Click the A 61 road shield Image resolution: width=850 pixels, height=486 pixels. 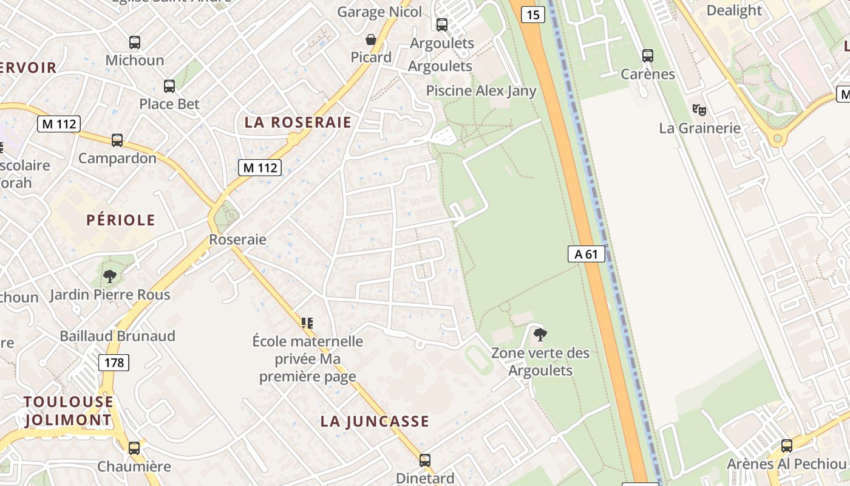pyautogui.click(x=586, y=254)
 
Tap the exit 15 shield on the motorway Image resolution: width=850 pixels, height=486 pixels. pyautogui.click(x=532, y=14)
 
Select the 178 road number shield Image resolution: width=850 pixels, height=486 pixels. pyautogui.click(x=114, y=363)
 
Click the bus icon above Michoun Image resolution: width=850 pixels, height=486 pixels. pyautogui.click(x=135, y=43)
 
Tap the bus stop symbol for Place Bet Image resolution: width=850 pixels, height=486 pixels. pyautogui.click(x=169, y=86)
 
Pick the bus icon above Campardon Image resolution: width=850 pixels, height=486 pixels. pyautogui.click(x=117, y=140)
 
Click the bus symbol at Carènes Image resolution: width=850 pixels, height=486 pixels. pyautogui.click(x=648, y=56)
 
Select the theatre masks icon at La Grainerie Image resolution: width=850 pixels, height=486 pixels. pyautogui.click(x=699, y=110)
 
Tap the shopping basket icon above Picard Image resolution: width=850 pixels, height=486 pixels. pyautogui.click(x=371, y=40)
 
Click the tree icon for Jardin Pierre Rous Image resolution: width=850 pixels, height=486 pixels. pyautogui.click(x=110, y=277)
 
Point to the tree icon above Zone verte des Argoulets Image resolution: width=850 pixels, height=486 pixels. pyautogui.click(x=540, y=334)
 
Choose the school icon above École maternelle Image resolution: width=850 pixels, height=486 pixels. pyautogui.click(x=308, y=323)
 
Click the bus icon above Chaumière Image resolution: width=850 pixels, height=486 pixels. pyautogui.click(x=134, y=448)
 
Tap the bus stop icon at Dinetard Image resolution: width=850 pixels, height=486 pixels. pyautogui.click(x=425, y=460)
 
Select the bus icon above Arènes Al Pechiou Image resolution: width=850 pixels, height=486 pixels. pyautogui.click(x=787, y=445)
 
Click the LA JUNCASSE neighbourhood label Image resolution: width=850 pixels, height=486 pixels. pyautogui.click(x=375, y=421)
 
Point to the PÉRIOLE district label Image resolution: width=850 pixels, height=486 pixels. pyautogui.click(x=121, y=220)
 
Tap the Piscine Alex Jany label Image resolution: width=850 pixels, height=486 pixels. pyautogui.click(x=481, y=91)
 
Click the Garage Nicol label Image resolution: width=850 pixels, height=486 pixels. pyautogui.click(x=379, y=12)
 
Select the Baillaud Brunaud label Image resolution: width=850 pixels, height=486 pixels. pyautogui.click(x=117, y=336)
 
